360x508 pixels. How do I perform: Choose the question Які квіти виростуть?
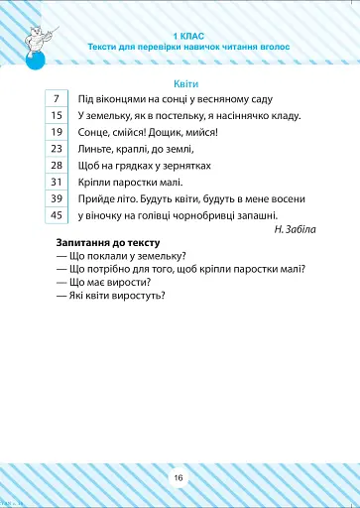point(110,295)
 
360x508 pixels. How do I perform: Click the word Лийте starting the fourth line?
point(90,149)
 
